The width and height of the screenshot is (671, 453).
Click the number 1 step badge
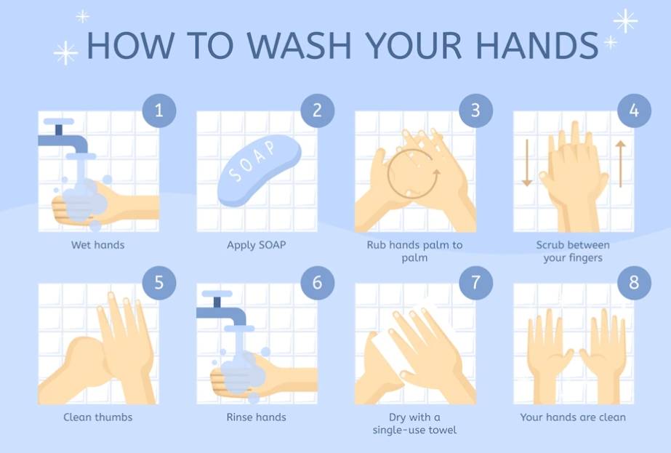(x=158, y=111)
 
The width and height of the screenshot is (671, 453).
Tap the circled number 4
(x=634, y=111)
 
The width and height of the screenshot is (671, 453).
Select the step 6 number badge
(x=317, y=283)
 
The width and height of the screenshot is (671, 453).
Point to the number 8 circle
(x=634, y=283)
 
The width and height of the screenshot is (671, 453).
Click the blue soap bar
(x=259, y=170)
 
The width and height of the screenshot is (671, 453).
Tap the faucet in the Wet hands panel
(x=64, y=139)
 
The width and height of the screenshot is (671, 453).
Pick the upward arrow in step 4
(x=621, y=164)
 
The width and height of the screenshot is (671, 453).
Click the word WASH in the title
(x=299, y=44)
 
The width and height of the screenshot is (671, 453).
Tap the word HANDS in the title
(x=537, y=44)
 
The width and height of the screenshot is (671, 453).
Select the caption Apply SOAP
(x=256, y=245)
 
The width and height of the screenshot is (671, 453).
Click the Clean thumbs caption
(x=97, y=417)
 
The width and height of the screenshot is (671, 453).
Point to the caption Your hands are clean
(x=573, y=417)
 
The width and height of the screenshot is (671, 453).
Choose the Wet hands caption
(x=97, y=245)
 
